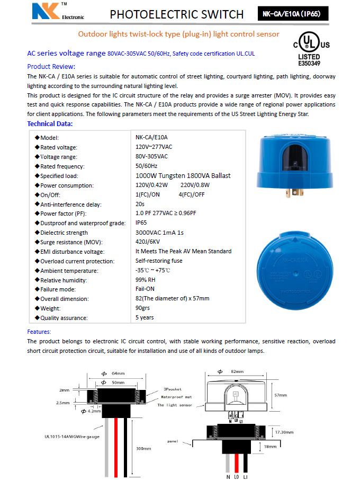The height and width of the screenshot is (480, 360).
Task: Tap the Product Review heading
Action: click(x=51, y=66)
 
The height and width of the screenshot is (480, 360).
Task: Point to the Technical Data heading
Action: click(x=50, y=124)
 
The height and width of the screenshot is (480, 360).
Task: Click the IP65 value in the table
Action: click(x=141, y=223)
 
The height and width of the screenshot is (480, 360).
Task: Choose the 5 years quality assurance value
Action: click(x=145, y=317)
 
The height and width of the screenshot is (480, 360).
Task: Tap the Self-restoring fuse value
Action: click(x=159, y=261)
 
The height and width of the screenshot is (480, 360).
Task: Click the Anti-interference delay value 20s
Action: click(x=140, y=204)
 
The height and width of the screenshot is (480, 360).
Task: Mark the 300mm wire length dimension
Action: click(x=143, y=448)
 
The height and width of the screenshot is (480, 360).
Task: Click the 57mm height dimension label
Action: click(x=281, y=395)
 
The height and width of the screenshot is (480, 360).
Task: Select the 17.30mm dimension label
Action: click(x=284, y=432)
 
